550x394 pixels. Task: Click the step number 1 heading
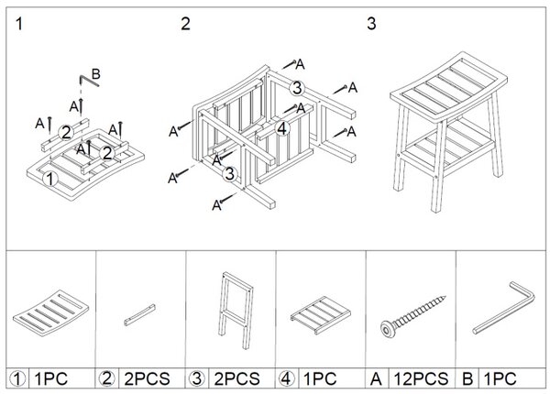[19, 24]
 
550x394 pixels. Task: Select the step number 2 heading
[185, 24]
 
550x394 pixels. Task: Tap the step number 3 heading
[371, 24]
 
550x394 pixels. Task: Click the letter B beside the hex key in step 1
[95, 74]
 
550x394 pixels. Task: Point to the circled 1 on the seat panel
[49, 179]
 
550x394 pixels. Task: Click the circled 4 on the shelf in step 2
[282, 128]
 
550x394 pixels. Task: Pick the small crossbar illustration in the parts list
[139, 315]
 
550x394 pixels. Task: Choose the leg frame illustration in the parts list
[236, 310]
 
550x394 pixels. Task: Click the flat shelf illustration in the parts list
[321, 315]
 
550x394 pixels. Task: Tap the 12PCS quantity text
[421, 379]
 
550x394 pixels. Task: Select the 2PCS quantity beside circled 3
[236, 379]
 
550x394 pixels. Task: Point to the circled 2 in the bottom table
[106, 378]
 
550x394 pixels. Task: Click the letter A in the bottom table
[376, 379]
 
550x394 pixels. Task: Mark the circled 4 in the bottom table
[286, 378]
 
